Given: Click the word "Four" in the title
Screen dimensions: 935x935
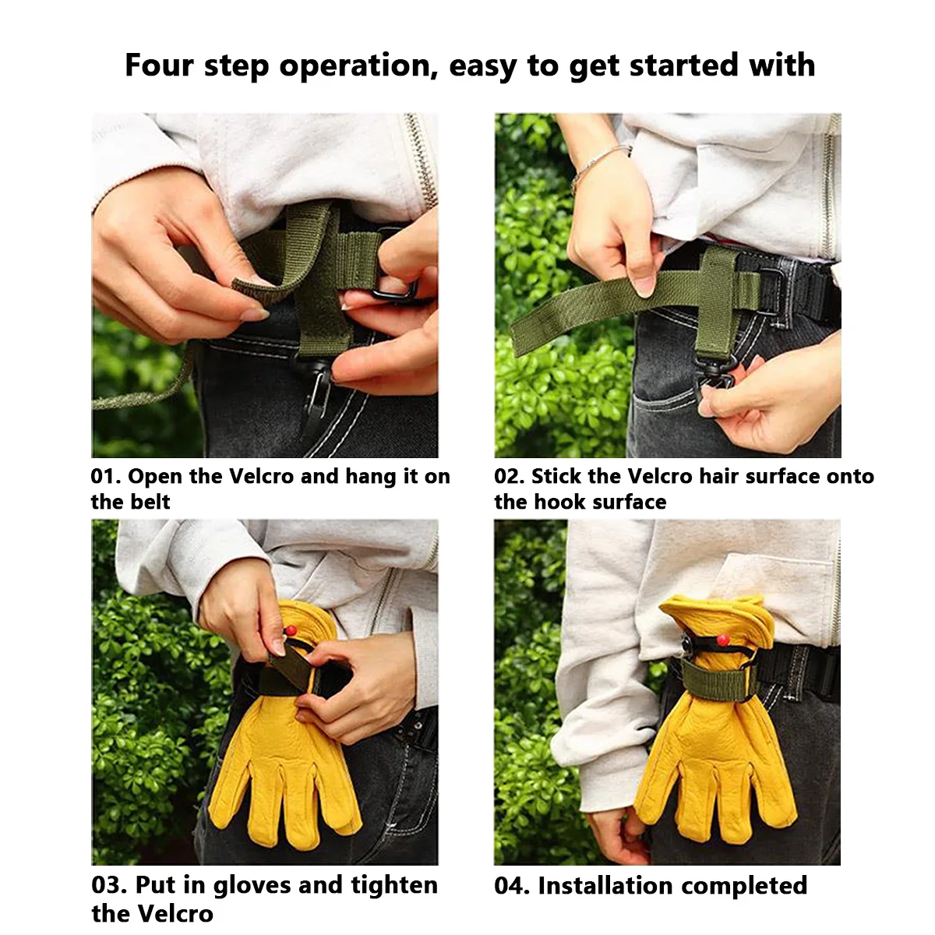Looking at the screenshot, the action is point(159,65).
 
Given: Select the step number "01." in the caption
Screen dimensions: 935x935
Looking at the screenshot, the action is point(106,476).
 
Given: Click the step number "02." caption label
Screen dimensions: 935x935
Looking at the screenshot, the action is point(510,476).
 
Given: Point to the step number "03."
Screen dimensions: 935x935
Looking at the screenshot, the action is point(109,884).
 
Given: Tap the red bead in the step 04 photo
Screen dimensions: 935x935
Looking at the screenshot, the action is point(722,639).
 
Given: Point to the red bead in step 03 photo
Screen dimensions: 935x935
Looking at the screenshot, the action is point(291,631).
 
